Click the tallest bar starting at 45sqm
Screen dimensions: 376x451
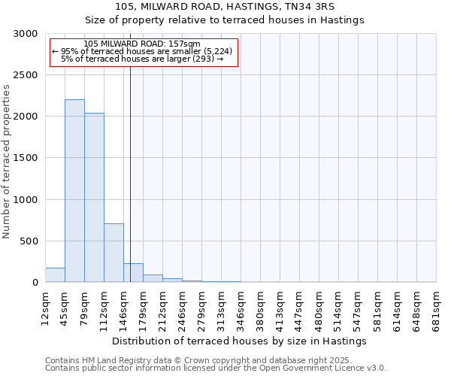[x=74, y=191]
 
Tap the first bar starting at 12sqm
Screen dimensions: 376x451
[x=55, y=275]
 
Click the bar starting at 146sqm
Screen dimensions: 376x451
[x=133, y=273]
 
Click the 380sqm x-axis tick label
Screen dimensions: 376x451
[x=260, y=307]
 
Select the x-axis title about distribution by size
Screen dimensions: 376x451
[x=240, y=341]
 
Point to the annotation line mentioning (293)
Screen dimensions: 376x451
[x=142, y=58]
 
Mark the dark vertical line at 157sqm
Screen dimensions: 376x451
[x=130, y=173]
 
